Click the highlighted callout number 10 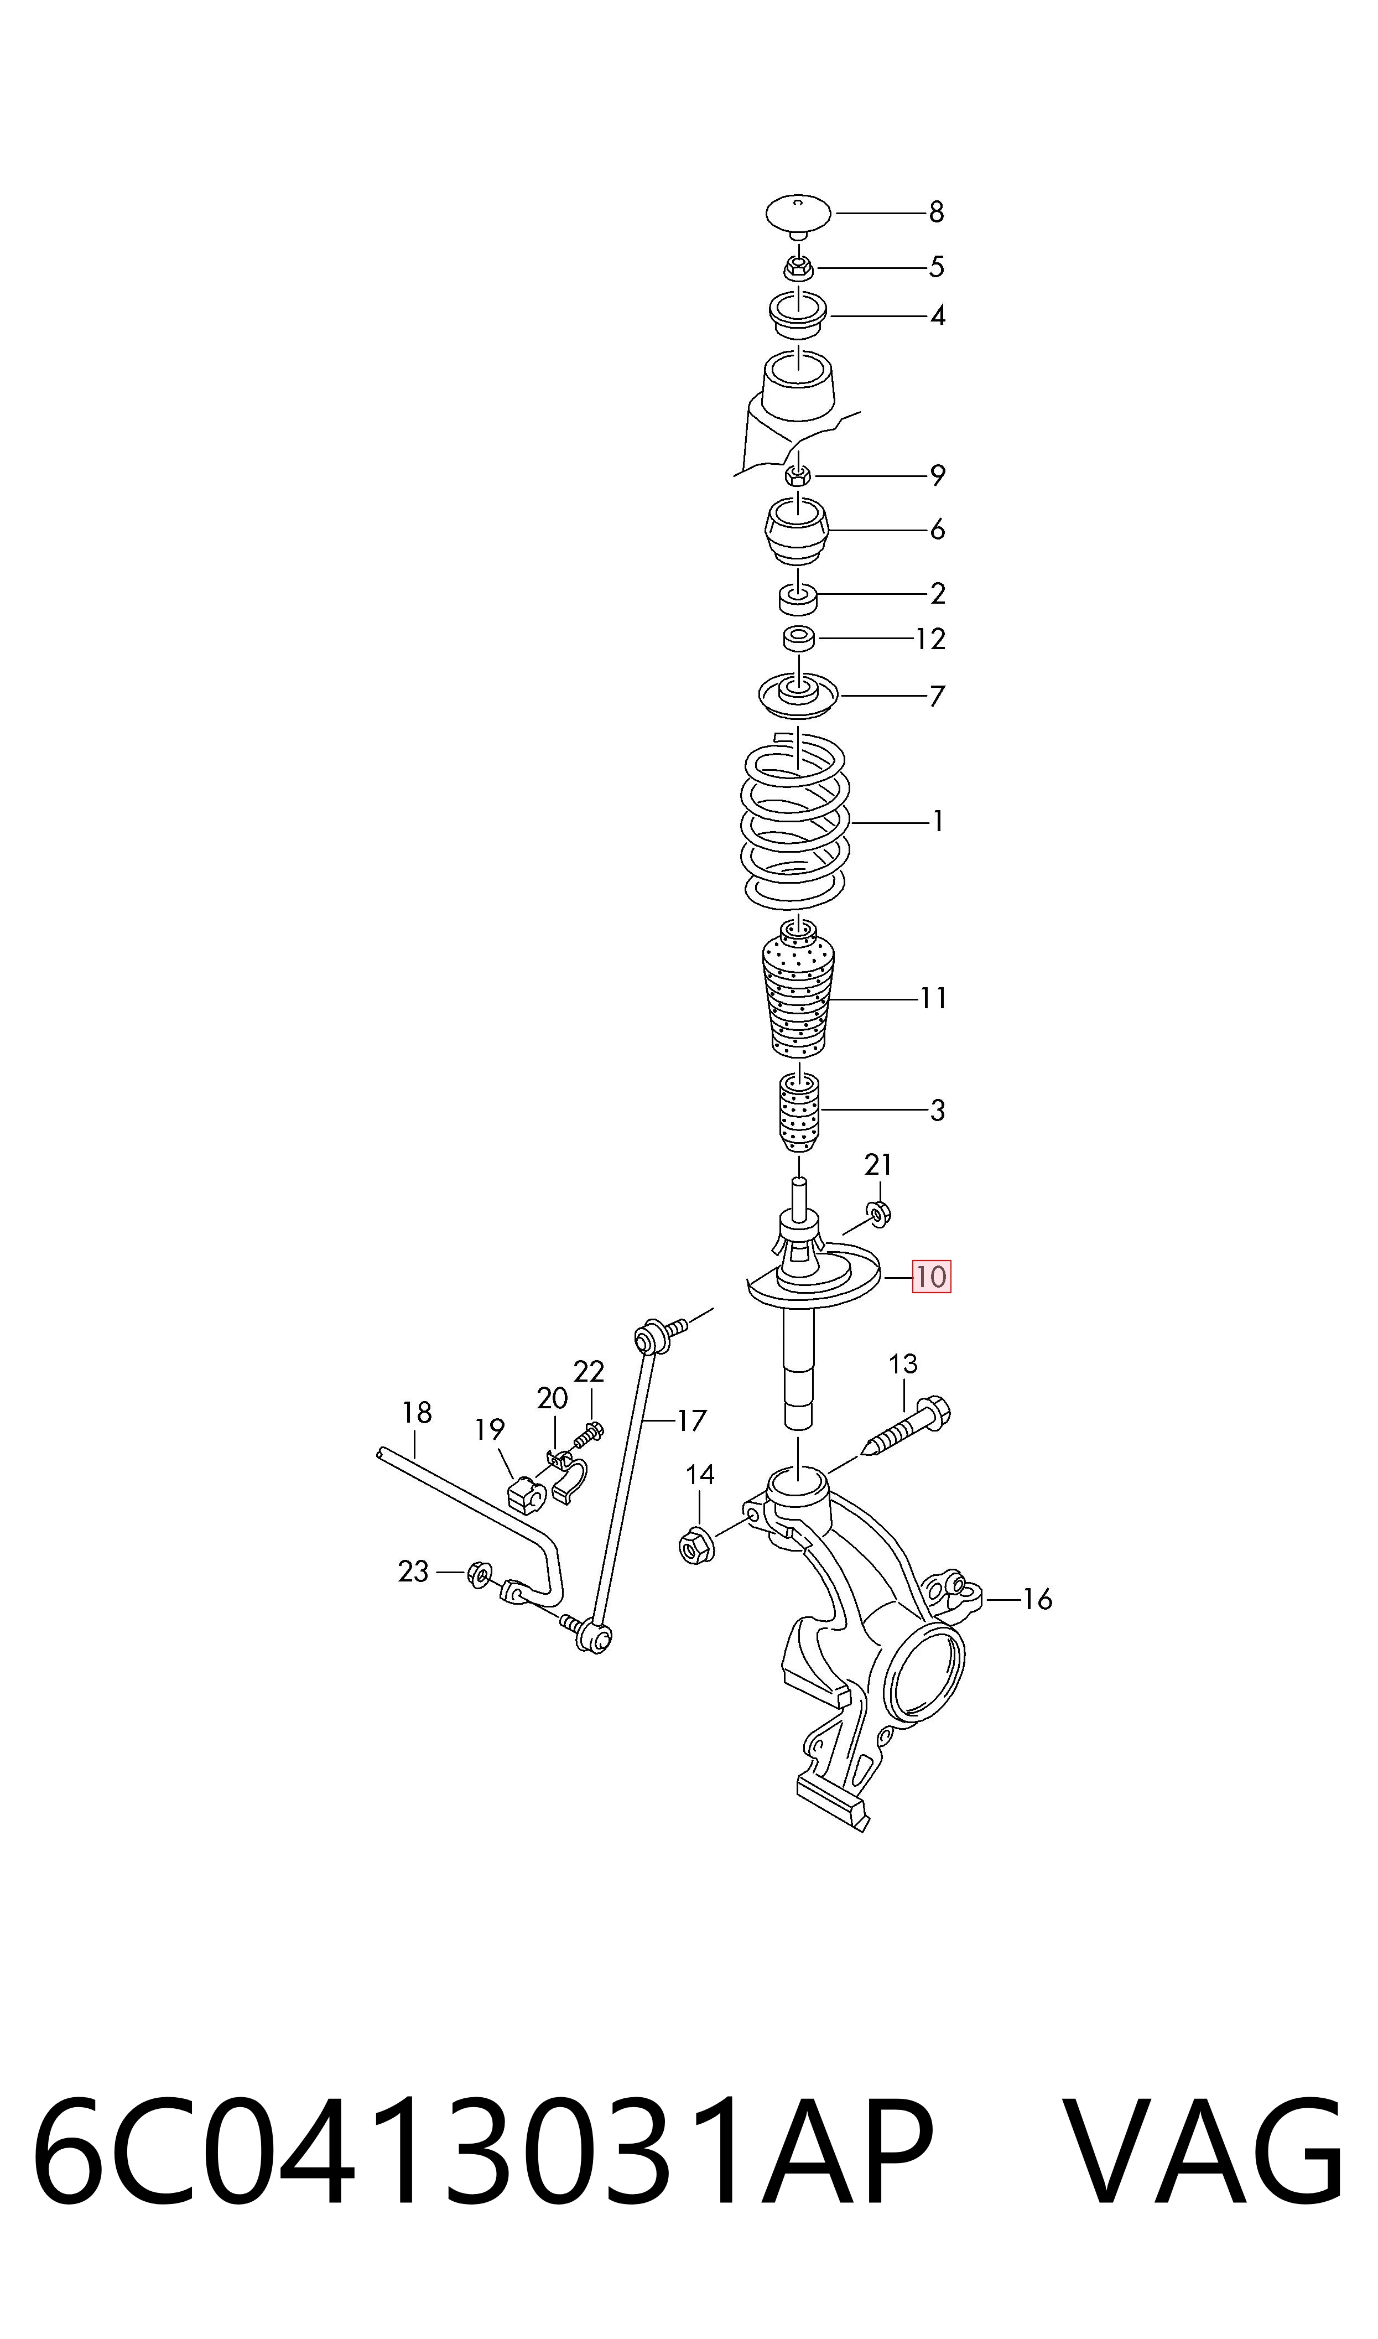(x=932, y=1277)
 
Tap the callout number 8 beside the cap (x=937, y=212)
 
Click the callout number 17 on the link (x=692, y=1420)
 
